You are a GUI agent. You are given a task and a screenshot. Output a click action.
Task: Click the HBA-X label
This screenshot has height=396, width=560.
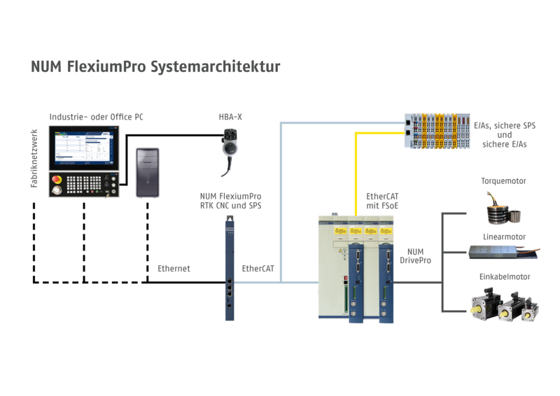230,114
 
